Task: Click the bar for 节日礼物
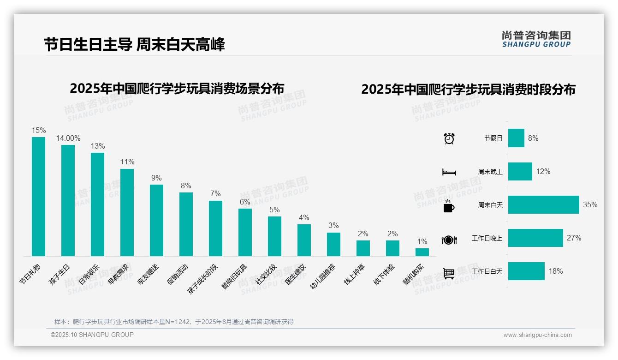coord(38,196)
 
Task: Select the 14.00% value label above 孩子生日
coord(68,138)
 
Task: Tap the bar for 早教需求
coord(127,212)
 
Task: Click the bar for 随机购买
coord(422,252)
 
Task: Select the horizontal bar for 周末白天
coord(543,204)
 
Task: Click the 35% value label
coord(590,204)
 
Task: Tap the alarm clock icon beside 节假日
coord(449,138)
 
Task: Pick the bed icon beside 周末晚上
coord(449,172)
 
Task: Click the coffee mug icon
coord(449,206)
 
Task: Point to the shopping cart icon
coord(449,273)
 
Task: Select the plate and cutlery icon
coord(449,240)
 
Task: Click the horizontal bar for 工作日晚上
coord(535,238)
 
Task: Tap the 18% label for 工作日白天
coord(556,271)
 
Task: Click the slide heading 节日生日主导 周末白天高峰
coord(134,45)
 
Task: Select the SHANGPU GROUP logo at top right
coord(536,39)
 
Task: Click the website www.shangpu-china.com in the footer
coord(537,335)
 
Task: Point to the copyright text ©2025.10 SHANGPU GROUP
coord(92,335)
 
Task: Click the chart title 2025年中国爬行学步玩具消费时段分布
coord(468,90)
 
